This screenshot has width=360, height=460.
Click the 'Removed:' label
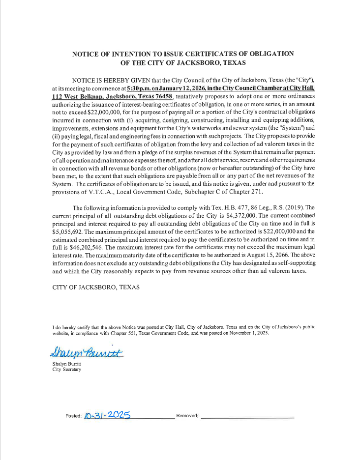click(187, 416)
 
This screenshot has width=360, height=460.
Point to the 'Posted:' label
click(73, 416)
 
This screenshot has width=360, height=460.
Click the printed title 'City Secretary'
click(67, 370)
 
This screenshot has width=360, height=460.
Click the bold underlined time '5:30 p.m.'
click(139, 87)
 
